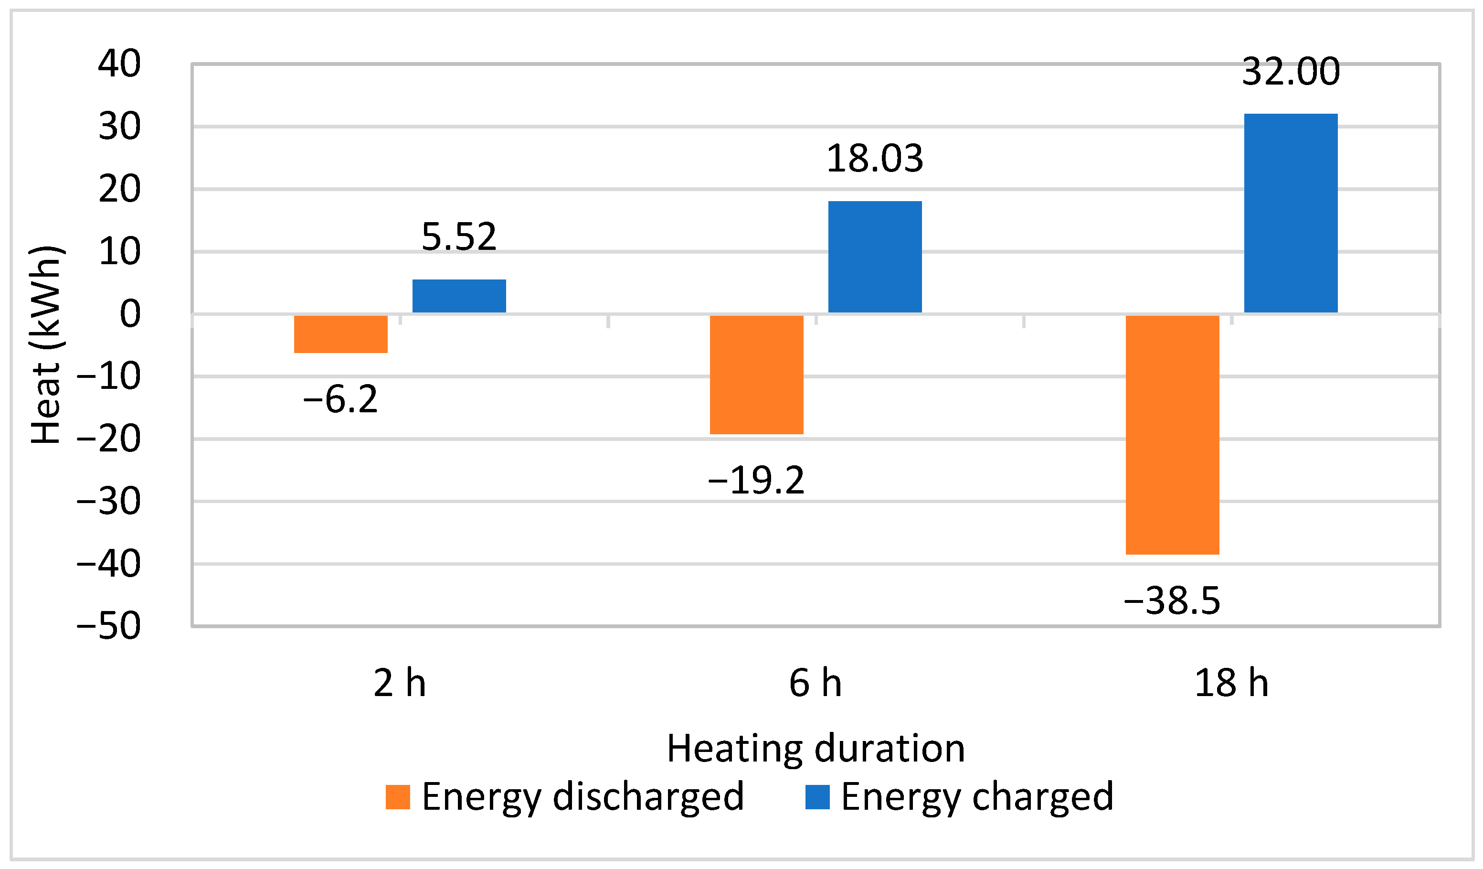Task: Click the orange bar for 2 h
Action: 341,334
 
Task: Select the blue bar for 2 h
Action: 459,296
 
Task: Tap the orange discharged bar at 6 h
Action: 757,375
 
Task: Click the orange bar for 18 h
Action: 1173,435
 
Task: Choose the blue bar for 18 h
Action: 1291,213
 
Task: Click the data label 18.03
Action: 875,159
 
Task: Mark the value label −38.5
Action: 1172,601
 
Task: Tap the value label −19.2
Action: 756,481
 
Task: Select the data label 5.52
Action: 459,237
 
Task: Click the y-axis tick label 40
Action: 119,64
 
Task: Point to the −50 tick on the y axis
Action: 109,626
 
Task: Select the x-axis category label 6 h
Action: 815,684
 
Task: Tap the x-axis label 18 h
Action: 1232,684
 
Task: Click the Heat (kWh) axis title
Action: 46,344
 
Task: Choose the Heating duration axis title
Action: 816,749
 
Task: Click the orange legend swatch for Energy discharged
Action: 398,797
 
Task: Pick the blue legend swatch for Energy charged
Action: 817,797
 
